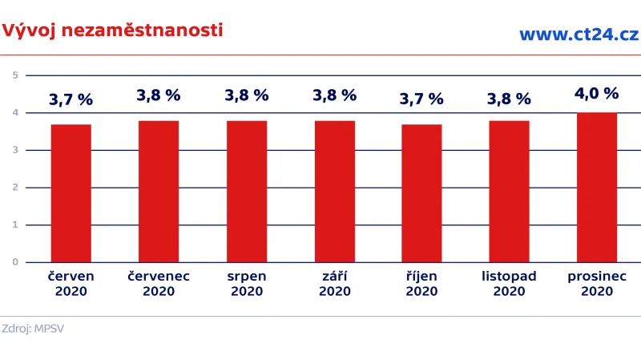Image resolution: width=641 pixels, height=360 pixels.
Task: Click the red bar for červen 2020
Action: (x=71, y=193)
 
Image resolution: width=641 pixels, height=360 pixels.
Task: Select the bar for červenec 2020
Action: (x=159, y=192)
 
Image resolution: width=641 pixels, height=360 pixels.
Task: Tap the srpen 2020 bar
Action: (x=247, y=192)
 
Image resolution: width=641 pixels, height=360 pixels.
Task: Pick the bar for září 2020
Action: (x=335, y=192)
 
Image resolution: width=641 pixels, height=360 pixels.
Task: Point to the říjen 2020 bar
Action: (x=421, y=193)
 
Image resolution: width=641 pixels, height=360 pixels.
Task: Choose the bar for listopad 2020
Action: (x=509, y=192)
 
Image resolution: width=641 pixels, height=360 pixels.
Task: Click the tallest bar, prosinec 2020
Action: (x=597, y=188)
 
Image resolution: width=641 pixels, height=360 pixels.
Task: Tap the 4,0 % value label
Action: (x=597, y=93)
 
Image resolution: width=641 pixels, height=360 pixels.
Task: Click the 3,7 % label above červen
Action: (x=71, y=100)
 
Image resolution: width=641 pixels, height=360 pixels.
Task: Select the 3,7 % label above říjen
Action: (x=421, y=99)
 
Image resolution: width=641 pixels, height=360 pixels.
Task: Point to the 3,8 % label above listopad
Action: (x=509, y=99)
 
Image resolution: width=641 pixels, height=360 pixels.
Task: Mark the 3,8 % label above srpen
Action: (x=247, y=95)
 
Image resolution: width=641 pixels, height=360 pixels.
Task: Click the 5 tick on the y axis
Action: (x=15, y=75)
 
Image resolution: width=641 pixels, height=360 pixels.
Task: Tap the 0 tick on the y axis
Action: (x=15, y=262)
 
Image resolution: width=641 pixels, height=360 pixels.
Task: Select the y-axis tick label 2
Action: (x=15, y=188)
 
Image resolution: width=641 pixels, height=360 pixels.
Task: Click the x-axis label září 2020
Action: (x=335, y=284)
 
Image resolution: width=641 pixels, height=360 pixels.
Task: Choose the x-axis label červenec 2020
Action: (x=159, y=284)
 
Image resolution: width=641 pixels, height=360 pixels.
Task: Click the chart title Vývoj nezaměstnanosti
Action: (x=112, y=30)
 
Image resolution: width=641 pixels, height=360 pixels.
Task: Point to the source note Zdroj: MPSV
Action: (x=33, y=329)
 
